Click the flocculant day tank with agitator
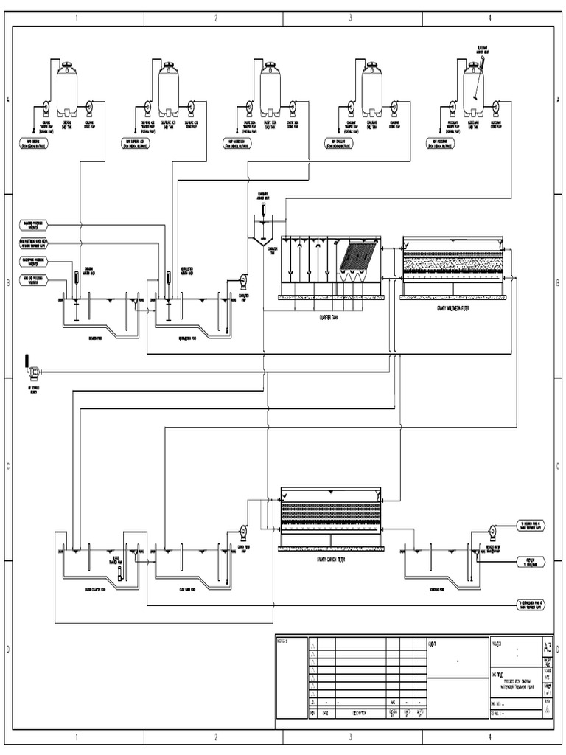coord(473,90)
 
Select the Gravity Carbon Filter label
coord(329,558)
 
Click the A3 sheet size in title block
coord(546,647)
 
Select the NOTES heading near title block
coord(282,640)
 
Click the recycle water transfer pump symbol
coord(492,529)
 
